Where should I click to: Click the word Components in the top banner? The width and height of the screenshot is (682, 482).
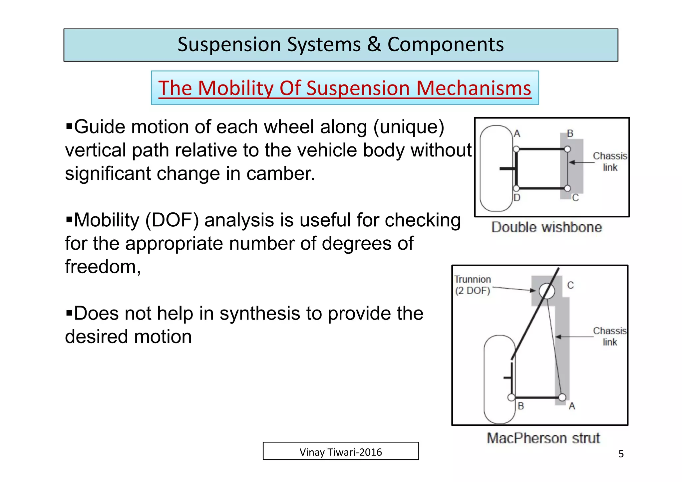pyautogui.click(x=445, y=44)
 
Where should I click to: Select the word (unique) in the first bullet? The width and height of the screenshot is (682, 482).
pyautogui.click(x=409, y=127)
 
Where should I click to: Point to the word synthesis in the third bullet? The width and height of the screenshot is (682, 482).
pyautogui.click(x=260, y=314)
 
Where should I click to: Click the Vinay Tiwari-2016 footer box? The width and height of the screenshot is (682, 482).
pyautogui.click(x=340, y=451)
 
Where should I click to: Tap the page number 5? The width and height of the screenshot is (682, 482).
pyautogui.click(x=621, y=454)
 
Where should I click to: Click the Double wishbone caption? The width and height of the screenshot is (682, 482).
pyautogui.click(x=546, y=227)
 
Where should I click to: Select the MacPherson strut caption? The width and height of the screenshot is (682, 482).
pyautogui.click(x=543, y=438)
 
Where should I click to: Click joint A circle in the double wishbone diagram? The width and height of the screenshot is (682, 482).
pyautogui.click(x=516, y=149)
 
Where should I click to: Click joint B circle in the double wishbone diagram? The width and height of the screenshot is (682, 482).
pyautogui.click(x=567, y=149)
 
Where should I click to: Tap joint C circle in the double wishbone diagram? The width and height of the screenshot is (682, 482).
pyautogui.click(x=567, y=188)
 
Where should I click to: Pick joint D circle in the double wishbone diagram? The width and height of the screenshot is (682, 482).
pyautogui.click(x=516, y=188)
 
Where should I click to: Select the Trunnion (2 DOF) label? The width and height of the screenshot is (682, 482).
pyautogui.click(x=473, y=285)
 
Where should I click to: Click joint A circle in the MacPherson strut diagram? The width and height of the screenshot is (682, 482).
pyautogui.click(x=562, y=397)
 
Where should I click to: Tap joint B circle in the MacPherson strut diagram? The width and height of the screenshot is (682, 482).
pyautogui.click(x=511, y=397)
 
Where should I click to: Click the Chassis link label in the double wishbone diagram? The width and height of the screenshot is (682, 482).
pyautogui.click(x=610, y=161)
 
